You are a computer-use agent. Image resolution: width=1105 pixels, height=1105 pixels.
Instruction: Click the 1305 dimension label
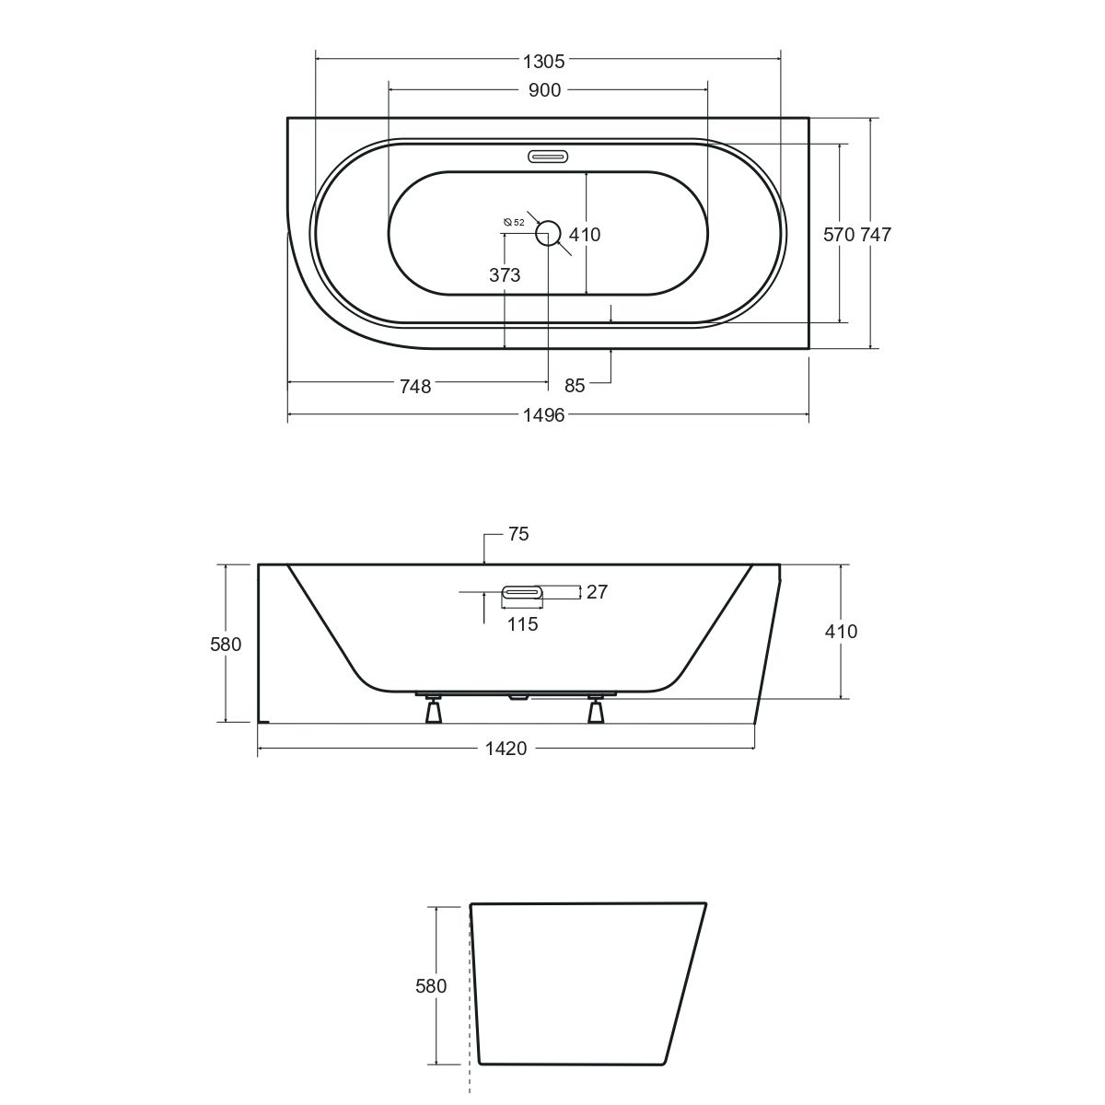coord(543,62)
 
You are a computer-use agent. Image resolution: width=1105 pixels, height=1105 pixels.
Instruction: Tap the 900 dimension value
coord(544,90)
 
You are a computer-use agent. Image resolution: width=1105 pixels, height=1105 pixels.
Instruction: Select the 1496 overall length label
coord(543,414)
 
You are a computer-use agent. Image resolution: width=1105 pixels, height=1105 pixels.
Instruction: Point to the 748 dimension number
coord(415,387)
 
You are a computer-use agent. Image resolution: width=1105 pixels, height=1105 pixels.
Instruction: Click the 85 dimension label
coord(574,386)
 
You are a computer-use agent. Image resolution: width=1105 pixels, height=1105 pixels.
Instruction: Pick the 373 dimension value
coord(505,275)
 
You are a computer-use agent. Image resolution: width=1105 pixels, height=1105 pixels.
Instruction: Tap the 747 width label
coord(876,235)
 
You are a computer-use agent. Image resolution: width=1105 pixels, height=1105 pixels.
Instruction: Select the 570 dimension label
coord(840,235)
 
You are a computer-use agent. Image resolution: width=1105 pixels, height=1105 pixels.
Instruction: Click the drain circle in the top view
coord(548,233)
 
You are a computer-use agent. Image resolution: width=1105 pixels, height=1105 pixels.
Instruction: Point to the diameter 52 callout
coord(513,223)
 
